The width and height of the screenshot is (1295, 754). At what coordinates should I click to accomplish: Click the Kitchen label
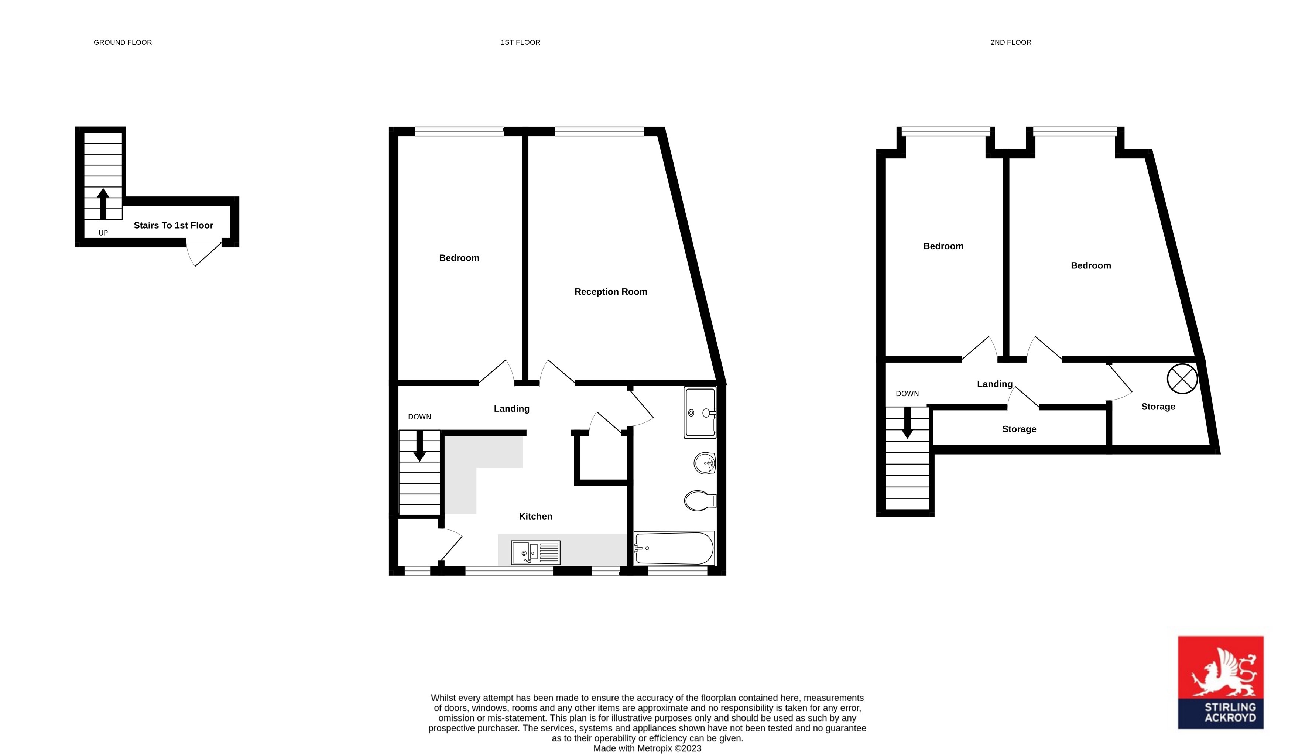[535, 517]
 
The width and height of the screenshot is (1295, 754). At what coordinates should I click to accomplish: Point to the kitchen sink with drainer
[535, 553]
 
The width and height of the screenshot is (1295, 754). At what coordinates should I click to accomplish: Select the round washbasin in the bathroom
[704, 463]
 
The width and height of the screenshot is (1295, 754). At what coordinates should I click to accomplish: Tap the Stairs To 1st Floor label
[173, 226]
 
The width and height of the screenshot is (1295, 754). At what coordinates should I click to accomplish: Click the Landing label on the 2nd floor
[994, 384]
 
